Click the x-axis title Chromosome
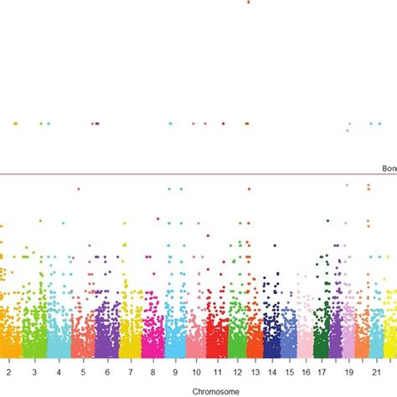(x=198, y=390)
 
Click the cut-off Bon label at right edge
(x=389, y=168)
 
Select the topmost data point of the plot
(x=248, y=2)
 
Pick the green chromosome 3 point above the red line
(x=40, y=123)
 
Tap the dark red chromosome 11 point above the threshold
(x=223, y=123)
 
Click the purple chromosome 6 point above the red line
(x=96, y=123)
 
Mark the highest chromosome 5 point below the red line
(x=79, y=189)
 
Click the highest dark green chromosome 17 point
(x=328, y=221)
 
